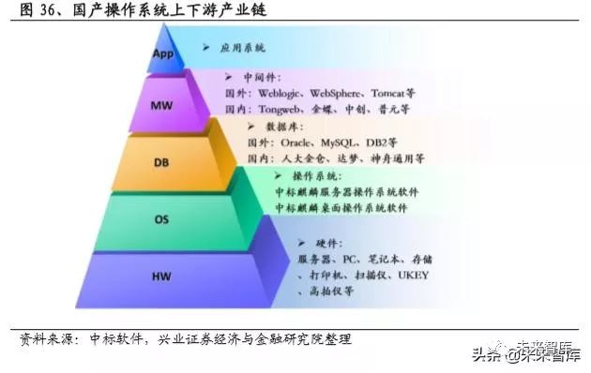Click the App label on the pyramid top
[164, 53]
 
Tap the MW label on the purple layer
[162, 105]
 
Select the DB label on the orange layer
[161, 162]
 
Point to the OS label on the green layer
[161, 219]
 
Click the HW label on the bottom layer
[161, 276]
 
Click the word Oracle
[299, 142]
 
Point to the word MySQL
[347, 142]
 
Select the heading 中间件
[265, 79]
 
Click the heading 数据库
[286, 127]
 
